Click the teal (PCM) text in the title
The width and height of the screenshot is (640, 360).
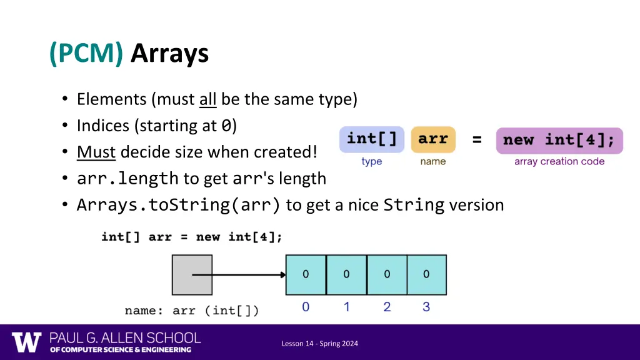tap(86, 54)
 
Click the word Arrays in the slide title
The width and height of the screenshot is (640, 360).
tap(169, 54)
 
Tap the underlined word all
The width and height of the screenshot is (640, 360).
tap(207, 99)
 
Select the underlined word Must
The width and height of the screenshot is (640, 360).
tap(96, 152)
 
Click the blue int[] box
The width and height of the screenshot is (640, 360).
tap(372, 139)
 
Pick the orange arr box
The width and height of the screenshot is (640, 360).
tap(433, 139)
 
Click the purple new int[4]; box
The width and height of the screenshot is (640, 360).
tap(559, 140)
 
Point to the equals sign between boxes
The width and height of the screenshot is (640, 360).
tap(477, 140)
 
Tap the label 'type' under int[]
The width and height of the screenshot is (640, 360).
tap(372, 161)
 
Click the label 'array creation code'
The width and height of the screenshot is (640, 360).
tap(559, 161)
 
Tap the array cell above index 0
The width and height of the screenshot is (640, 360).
tap(306, 274)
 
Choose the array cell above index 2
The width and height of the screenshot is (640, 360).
tap(387, 274)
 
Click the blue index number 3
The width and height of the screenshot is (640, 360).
tap(426, 307)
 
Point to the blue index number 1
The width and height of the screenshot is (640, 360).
tap(346, 307)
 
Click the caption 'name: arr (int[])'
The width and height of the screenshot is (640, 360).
tap(192, 311)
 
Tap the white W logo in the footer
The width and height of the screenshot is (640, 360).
tap(26, 342)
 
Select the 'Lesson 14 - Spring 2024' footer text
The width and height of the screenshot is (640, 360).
tap(319, 343)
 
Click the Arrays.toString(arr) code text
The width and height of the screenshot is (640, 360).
tap(179, 205)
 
